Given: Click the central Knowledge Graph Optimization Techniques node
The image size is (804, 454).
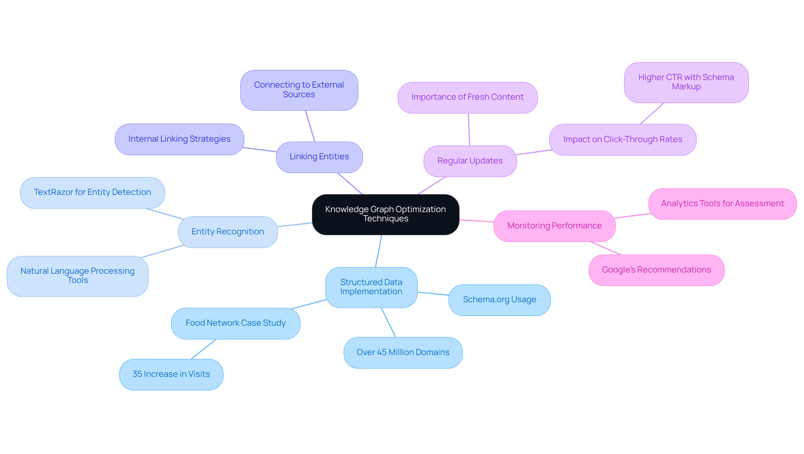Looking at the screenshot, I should [x=385, y=214].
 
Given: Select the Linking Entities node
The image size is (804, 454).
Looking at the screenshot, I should [x=319, y=157].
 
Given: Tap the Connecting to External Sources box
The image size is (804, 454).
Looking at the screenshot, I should [x=299, y=90].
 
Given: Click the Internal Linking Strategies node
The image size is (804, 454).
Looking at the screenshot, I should [x=179, y=139].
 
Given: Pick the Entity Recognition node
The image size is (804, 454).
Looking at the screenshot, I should [x=227, y=232].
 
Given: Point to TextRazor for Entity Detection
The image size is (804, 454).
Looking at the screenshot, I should [x=92, y=192].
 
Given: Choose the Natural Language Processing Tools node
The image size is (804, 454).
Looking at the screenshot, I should [x=77, y=276].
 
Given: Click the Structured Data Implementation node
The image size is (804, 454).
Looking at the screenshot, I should [x=371, y=287].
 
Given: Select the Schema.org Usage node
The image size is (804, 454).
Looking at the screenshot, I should [x=499, y=300].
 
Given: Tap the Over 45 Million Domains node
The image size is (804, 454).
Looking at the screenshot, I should [x=403, y=353].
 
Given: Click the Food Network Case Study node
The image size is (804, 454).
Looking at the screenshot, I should [x=235, y=323].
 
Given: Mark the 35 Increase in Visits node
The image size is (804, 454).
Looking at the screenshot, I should [x=171, y=374].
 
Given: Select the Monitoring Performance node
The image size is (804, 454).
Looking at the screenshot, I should [x=554, y=226].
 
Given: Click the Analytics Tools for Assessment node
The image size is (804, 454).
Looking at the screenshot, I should [x=722, y=204].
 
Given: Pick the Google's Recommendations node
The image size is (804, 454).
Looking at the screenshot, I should [x=656, y=270].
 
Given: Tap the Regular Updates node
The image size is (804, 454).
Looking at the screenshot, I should [x=470, y=161].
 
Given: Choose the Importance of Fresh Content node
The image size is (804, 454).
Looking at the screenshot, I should [x=467, y=97].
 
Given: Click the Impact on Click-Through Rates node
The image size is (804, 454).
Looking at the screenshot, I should [x=623, y=140].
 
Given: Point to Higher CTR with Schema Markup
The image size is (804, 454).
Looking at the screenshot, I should [x=686, y=82].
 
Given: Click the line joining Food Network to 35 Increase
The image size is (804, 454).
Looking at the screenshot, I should [x=204, y=349].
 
